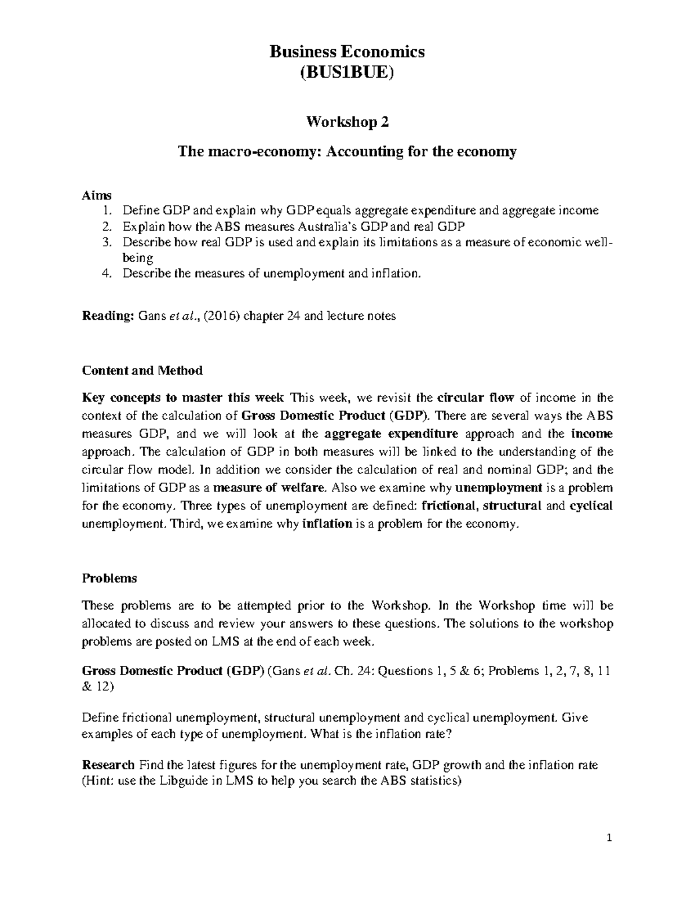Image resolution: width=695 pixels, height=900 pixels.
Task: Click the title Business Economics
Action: click(x=347, y=52)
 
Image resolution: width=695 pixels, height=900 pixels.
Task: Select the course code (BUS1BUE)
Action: click(x=347, y=74)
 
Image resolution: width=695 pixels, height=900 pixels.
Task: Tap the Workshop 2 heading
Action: click(x=347, y=122)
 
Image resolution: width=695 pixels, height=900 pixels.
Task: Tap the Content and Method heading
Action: click(x=142, y=370)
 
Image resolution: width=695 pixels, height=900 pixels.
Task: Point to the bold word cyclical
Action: click(x=591, y=505)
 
